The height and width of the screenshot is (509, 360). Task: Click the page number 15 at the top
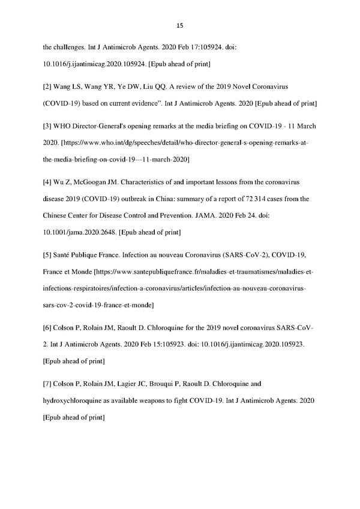click(x=180, y=25)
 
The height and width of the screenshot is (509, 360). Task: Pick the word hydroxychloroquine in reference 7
click(x=80, y=400)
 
